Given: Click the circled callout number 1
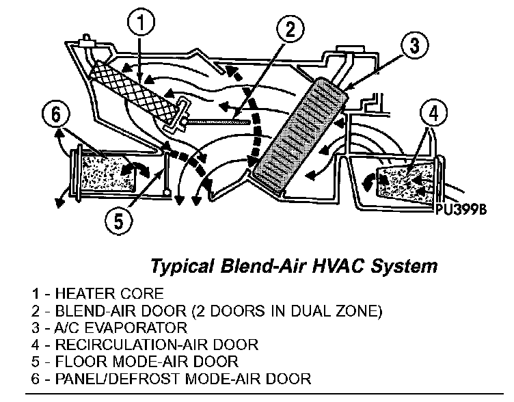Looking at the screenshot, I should [140, 25].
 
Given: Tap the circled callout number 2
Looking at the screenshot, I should [290, 29].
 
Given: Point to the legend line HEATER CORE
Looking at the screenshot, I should [97, 295].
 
